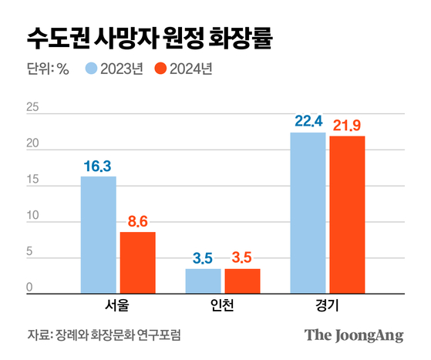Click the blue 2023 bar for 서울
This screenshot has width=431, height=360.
click(99, 234)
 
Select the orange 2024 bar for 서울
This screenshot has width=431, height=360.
click(137, 262)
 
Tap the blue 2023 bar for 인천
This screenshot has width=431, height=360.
click(203, 281)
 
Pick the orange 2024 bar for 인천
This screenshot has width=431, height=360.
click(242, 281)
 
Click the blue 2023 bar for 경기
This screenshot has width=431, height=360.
click(308, 213)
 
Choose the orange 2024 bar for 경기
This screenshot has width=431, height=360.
click(347, 214)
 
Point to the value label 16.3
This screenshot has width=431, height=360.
click(98, 166)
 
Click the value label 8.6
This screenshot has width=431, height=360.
click(137, 221)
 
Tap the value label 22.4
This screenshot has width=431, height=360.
click(308, 122)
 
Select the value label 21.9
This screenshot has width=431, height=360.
click(347, 125)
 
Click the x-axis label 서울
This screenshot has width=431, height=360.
click(117, 305)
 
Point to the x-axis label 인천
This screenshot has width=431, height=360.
click(222, 305)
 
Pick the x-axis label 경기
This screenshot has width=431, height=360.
click(327, 305)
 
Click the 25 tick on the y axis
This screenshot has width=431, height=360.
click(32, 108)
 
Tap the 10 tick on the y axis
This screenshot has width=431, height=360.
click(32, 217)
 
